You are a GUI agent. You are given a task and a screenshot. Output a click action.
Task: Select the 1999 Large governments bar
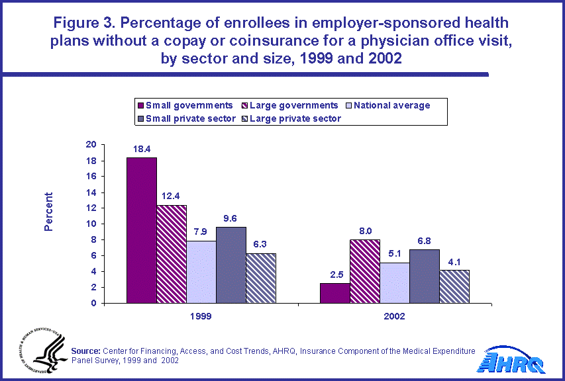[171, 254]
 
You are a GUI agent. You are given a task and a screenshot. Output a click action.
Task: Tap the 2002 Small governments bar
[335, 293]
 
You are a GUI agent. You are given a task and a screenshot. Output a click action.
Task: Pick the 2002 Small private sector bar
[425, 276]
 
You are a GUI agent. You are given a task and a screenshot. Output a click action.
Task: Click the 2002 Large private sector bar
[454, 286]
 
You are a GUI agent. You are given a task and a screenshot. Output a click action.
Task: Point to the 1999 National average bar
[201, 272]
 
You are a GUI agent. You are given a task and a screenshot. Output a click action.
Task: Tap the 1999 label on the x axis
[201, 316]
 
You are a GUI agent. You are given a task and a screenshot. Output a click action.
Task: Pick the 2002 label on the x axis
[395, 316]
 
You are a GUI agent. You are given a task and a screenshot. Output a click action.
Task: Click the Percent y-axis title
[48, 212]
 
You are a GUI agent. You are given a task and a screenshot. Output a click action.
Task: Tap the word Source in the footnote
[85, 351]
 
